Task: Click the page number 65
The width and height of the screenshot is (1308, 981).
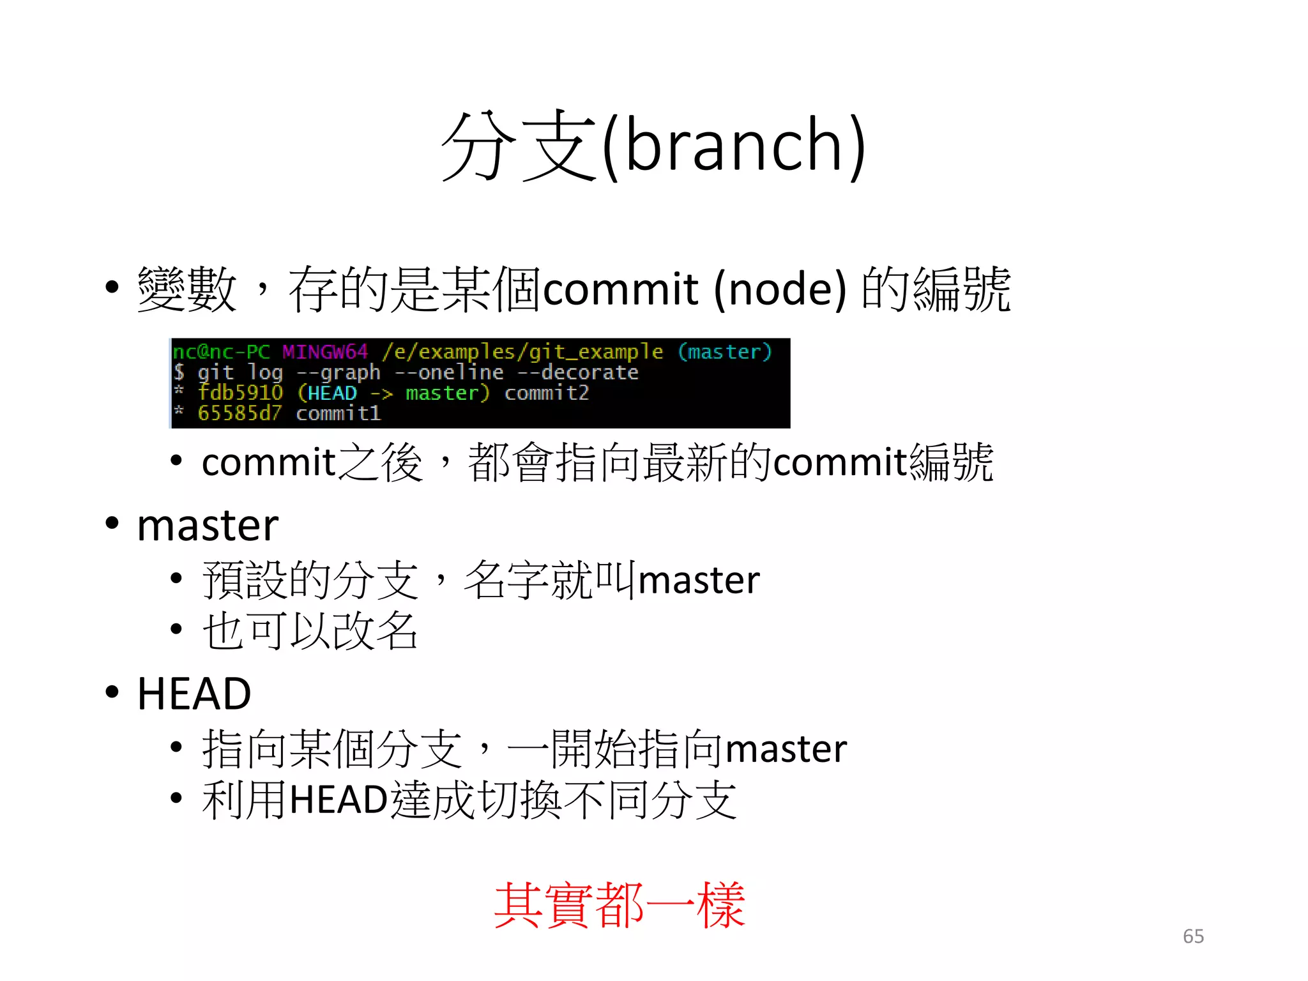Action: click(x=1193, y=936)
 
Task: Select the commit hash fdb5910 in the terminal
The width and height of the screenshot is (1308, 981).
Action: click(x=240, y=393)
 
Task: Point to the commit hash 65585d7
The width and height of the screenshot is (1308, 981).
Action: click(x=240, y=413)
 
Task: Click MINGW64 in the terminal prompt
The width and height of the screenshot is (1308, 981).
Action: click(x=325, y=352)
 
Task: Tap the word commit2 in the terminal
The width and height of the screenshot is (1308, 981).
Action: click(x=547, y=393)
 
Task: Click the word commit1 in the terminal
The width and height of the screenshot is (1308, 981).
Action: click(x=338, y=413)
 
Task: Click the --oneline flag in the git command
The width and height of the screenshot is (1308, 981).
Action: click(x=449, y=372)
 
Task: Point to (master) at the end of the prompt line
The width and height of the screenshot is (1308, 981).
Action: click(x=725, y=352)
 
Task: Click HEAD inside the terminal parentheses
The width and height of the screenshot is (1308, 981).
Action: click(x=332, y=393)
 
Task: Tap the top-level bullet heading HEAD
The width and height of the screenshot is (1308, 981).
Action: click(x=194, y=694)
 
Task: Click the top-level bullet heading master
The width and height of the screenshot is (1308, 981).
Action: click(x=208, y=526)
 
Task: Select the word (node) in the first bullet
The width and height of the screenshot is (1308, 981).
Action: click(x=780, y=289)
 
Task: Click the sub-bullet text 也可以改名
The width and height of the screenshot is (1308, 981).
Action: click(x=310, y=631)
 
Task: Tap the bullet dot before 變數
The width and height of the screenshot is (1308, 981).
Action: click(x=112, y=287)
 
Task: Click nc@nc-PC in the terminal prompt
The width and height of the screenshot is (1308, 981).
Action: click(x=222, y=352)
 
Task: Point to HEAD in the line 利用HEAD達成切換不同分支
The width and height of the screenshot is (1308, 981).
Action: click(x=338, y=799)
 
